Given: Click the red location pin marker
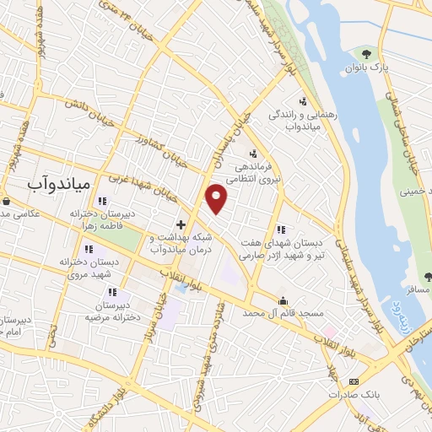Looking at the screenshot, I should tap(217, 198).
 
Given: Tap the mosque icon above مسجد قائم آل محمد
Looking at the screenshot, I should tap(283, 300).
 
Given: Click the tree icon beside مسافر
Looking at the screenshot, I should tap(427, 275).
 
